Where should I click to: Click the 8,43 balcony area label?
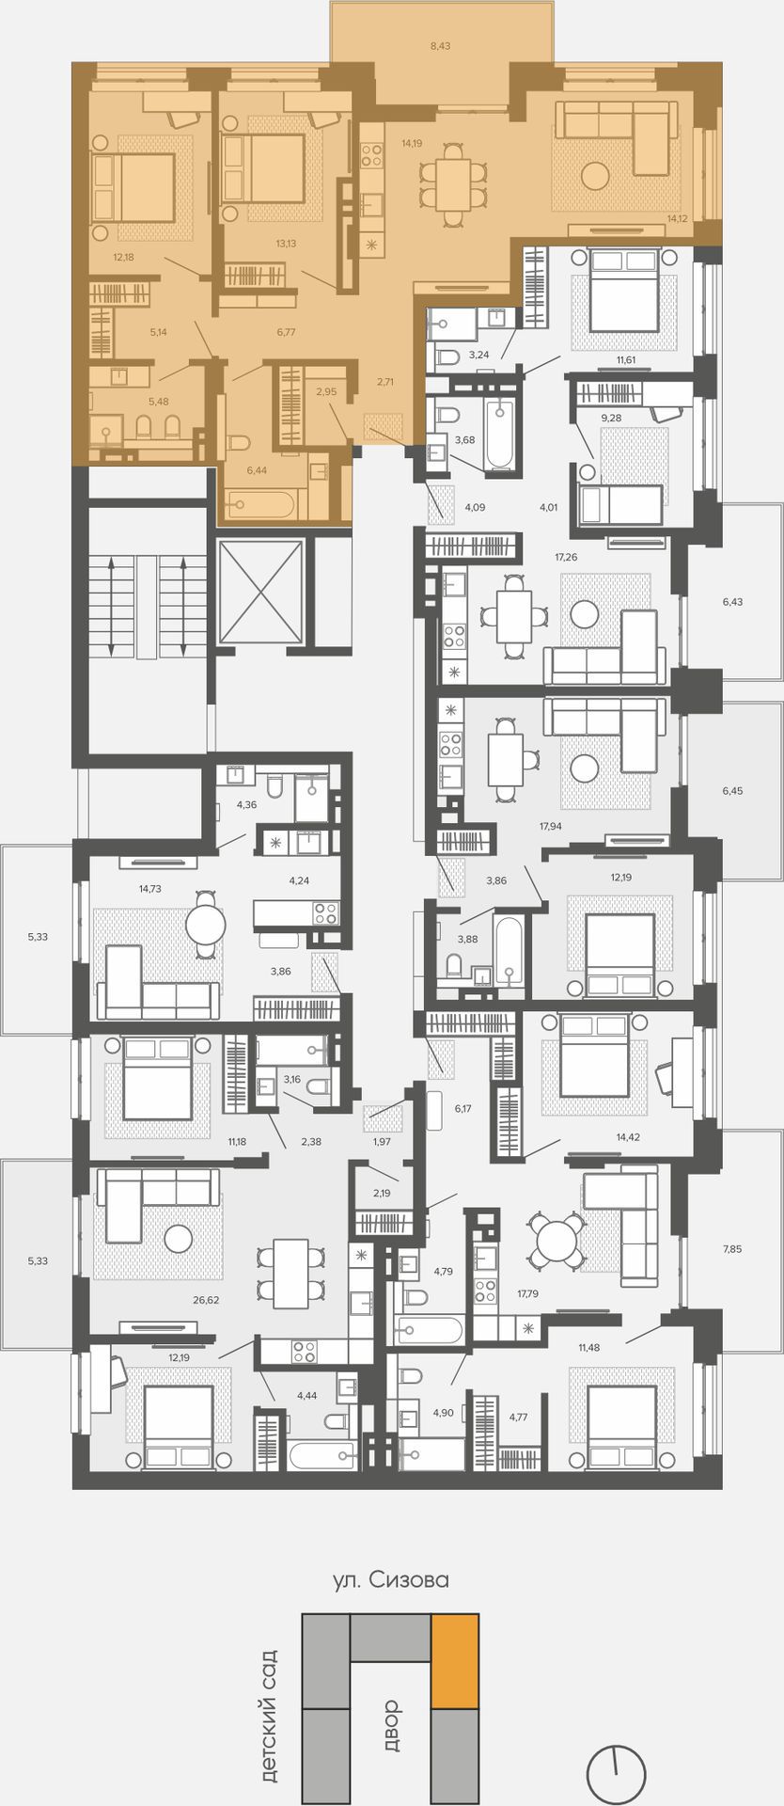[x=440, y=45]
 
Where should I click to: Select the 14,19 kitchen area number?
[x=412, y=143]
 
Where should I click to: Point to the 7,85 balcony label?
[x=732, y=1248]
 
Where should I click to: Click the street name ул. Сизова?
[x=391, y=1579]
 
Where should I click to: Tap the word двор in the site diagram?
[x=391, y=1725]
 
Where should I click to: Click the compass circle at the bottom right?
[x=616, y=1774]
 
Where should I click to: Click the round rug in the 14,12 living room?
[x=595, y=175]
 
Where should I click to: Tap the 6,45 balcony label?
[x=732, y=790]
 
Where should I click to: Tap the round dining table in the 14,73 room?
[x=206, y=925]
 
